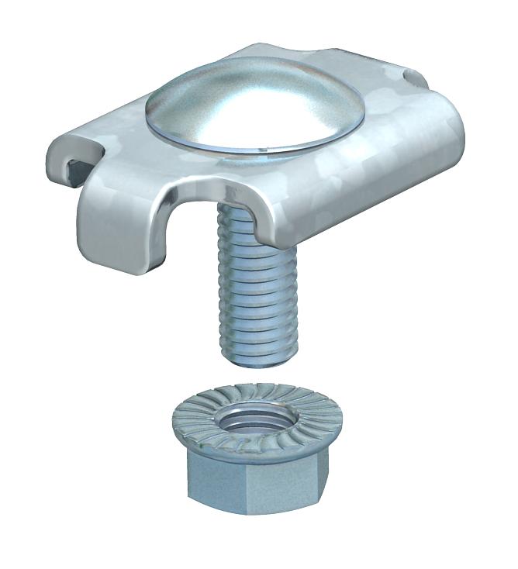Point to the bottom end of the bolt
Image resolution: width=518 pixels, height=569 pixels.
(x=250, y=358)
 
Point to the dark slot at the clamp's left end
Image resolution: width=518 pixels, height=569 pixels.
(x=74, y=167)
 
